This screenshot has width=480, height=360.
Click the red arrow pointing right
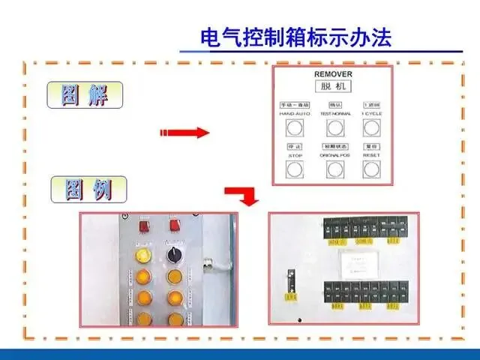click(x=183, y=133)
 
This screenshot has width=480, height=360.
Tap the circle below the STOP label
click(x=295, y=168)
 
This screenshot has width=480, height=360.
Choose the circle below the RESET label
click(x=371, y=168)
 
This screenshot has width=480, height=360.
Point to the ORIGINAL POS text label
click(x=334, y=154)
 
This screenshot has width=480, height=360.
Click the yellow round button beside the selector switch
click(x=142, y=256)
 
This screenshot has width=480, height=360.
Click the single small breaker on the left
click(x=286, y=283)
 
